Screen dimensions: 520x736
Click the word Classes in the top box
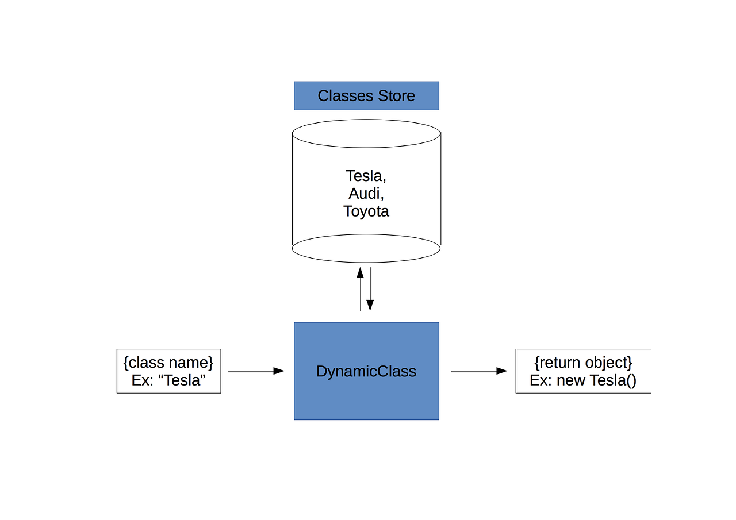click(x=343, y=95)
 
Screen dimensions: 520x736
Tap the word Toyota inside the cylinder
click(x=366, y=211)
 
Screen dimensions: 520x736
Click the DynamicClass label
click(x=366, y=371)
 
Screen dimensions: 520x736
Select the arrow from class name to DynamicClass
click(x=256, y=371)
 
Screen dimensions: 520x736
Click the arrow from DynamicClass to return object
click(x=479, y=371)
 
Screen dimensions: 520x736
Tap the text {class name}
click(x=168, y=363)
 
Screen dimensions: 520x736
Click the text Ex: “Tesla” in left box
click(x=168, y=380)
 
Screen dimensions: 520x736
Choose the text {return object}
click(x=583, y=363)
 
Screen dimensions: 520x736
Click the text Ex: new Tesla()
click(x=583, y=380)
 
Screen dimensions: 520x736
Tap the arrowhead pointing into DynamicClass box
click(x=279, y=371)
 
